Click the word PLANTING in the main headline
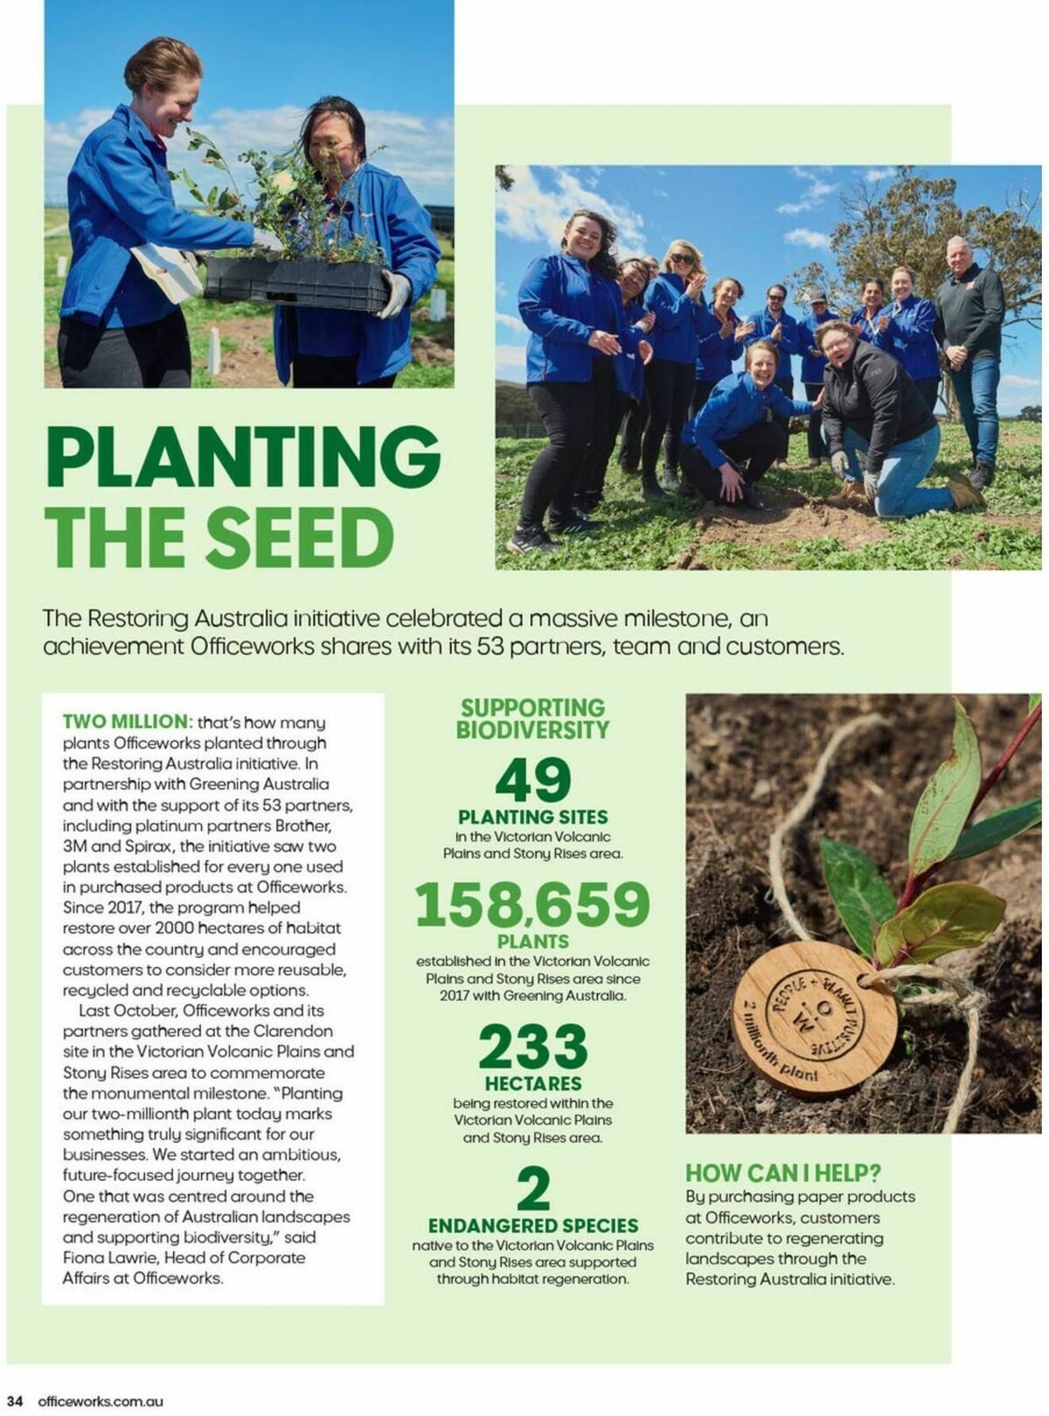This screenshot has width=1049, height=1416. [x=243, y=458]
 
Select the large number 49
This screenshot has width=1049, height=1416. [x=532, y=780]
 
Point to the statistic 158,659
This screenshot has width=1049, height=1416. [x=532, y=904]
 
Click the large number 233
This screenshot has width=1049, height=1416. [x=532, y=1046]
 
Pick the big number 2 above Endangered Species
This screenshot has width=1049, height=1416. [x=533, y=1188]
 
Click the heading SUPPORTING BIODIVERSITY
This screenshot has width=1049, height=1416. [x=532, y=718]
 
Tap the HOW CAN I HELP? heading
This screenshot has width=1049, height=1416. [x=783, y=1172]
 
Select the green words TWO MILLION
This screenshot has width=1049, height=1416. [x=126, y=722]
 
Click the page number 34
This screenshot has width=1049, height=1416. [x=15, y=1401]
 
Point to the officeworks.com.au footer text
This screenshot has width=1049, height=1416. [x=101, y=1401]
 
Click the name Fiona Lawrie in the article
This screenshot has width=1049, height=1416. [x=115, y=1258]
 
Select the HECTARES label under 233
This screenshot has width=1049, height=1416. [x=532, y=1084]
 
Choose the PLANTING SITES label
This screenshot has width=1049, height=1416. [x=532, y=817]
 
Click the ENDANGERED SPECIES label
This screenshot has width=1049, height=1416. [x=532, y=1226]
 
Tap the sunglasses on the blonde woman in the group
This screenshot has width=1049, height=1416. [x=682, y=259]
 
